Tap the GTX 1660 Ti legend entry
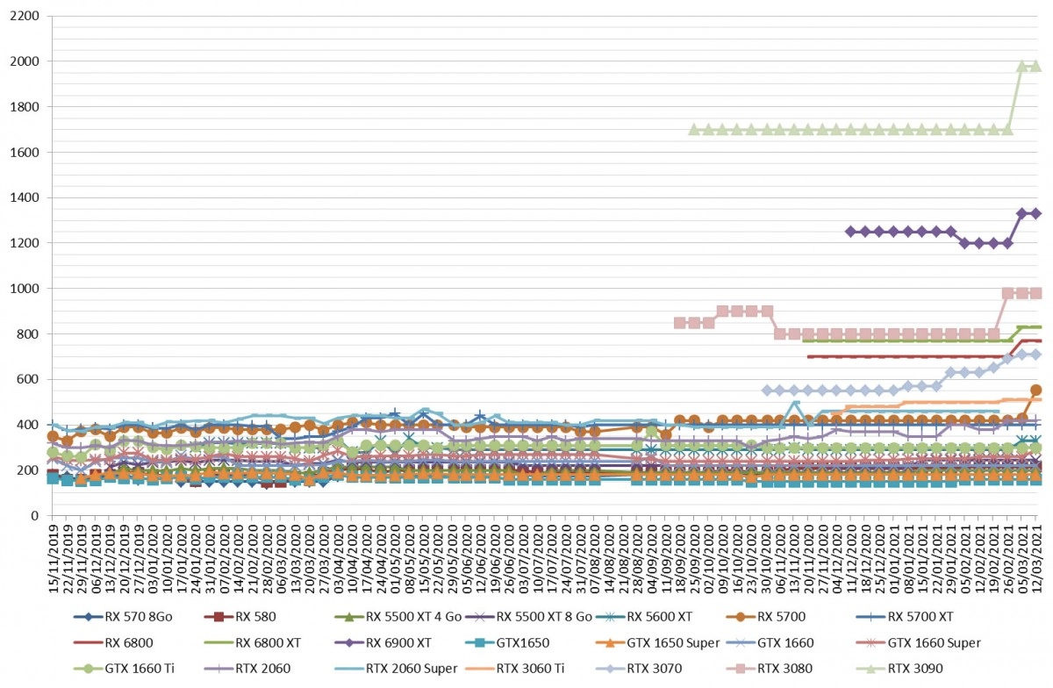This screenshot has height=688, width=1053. [x=124, y=668]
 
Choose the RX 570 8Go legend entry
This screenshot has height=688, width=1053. [x=123, y=617]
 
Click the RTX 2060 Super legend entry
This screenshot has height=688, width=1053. [x=397, y=668]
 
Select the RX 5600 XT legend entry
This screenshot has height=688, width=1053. [x=644, y=617]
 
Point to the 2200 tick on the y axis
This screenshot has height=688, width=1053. [x=25, y=16]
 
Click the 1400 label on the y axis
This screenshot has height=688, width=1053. [x=25, y=197]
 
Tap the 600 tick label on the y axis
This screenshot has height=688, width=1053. [x=29, y=379]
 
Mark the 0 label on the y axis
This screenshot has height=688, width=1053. [x=35, y=515]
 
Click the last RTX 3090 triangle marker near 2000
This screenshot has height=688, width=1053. [x=1035, y=66]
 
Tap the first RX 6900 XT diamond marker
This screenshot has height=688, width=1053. [x=850, y=232]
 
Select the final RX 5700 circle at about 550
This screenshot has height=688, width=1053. [x=1035, y=390]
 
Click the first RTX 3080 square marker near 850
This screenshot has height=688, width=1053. [x=680, y=323]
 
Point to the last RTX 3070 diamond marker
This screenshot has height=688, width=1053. [x=1035, y=355]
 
